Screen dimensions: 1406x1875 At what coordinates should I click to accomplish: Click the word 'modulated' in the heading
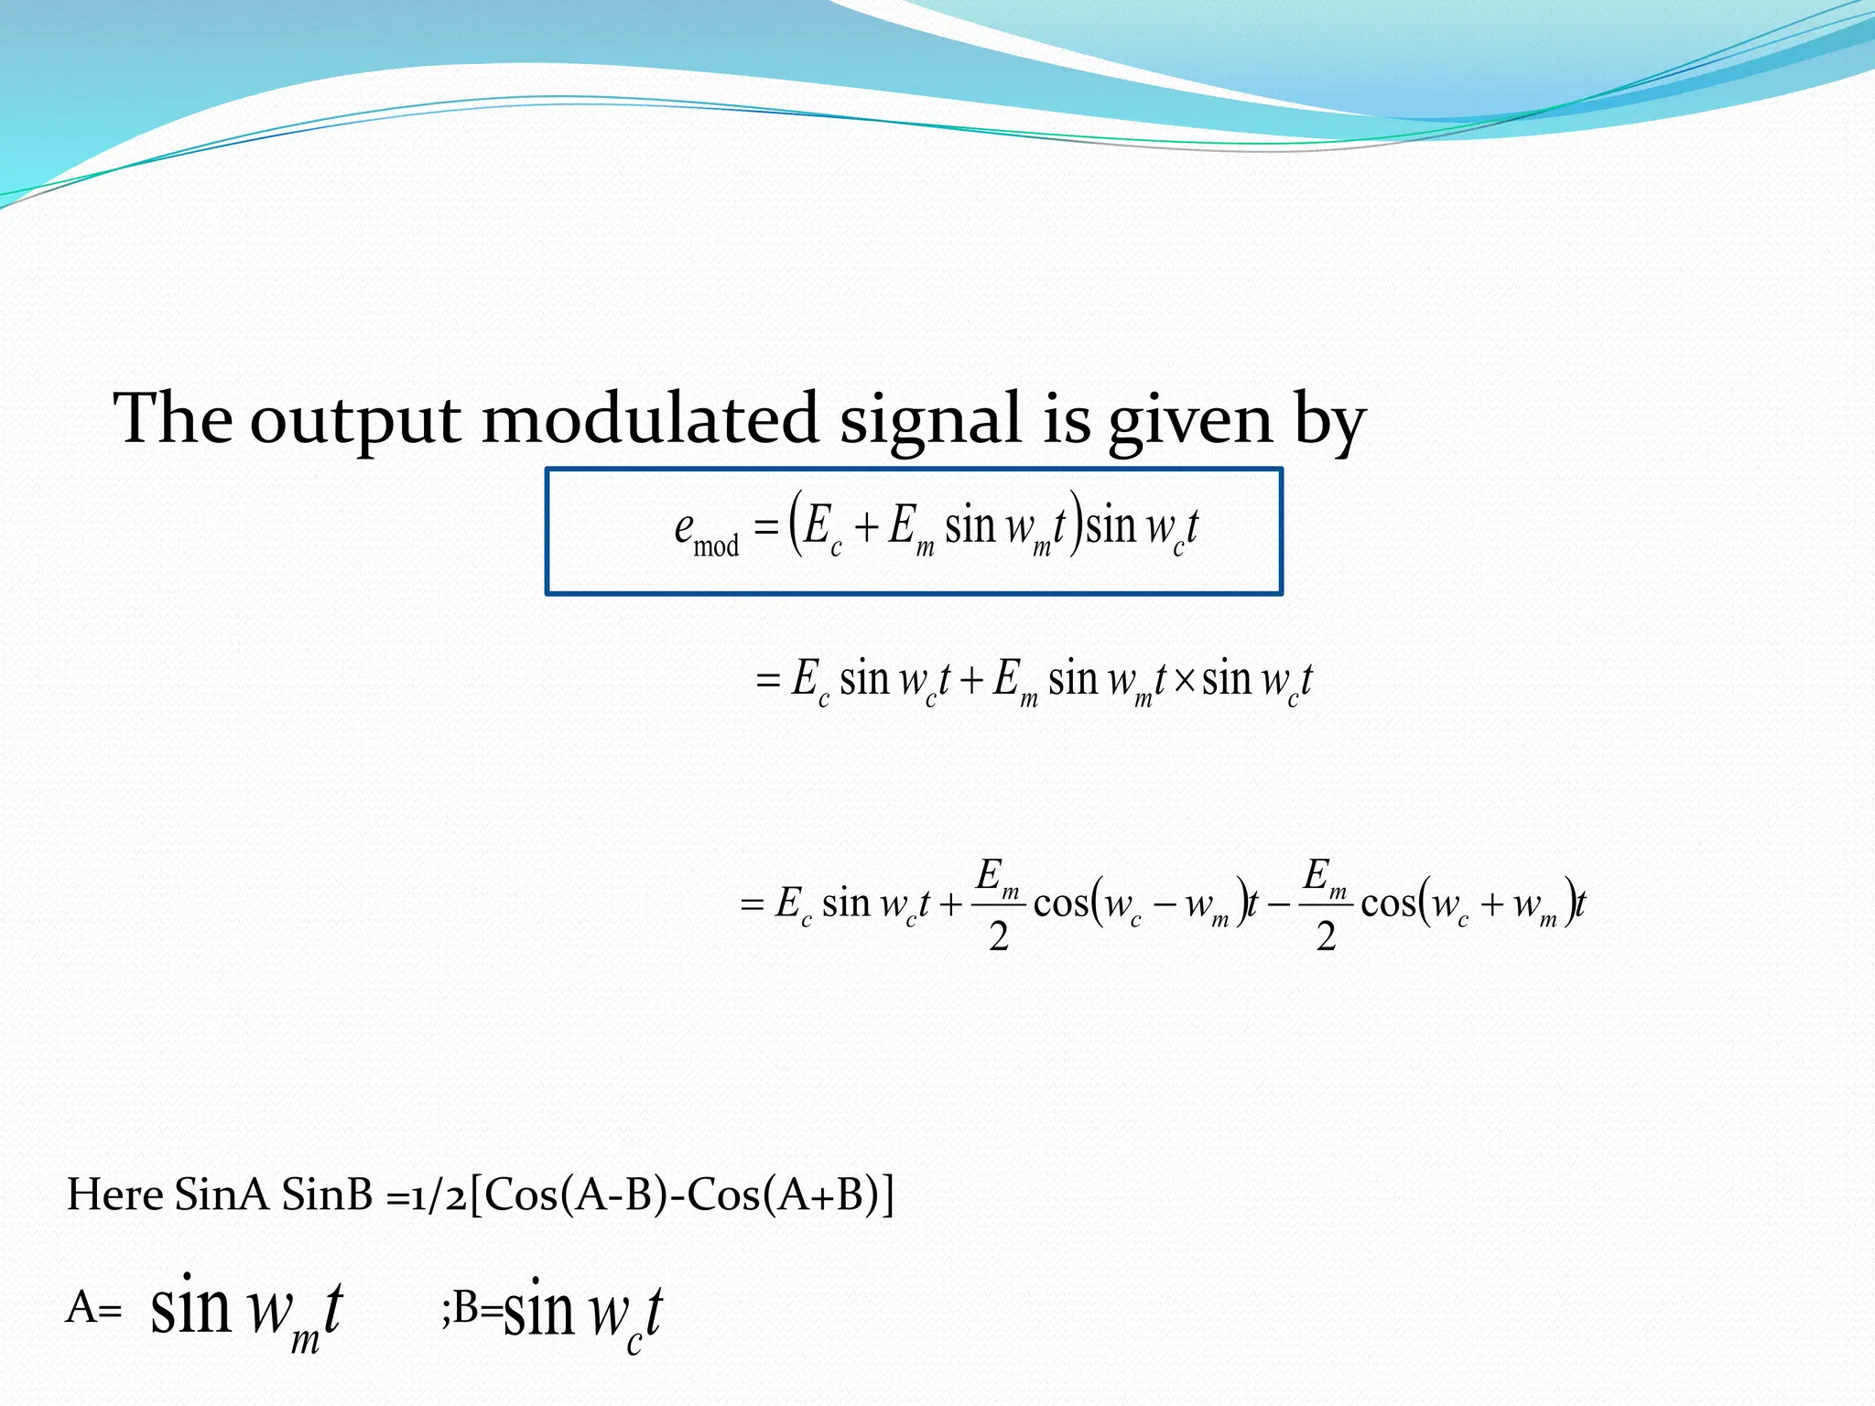click(x=649, y=418)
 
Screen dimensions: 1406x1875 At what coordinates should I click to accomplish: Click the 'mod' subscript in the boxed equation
click(x=716, y=546)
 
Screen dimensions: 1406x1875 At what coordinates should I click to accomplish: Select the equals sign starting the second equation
click(x=767, y=681)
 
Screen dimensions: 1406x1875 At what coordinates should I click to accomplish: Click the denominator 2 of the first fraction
click(x=998, y=936)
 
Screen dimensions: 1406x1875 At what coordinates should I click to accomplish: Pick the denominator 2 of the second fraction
click(x=1326, y=936)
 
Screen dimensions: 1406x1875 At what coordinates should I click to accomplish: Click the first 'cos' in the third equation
click(x=1061, y=904)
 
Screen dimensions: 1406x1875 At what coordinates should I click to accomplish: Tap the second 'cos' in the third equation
click(x=1389, y=904)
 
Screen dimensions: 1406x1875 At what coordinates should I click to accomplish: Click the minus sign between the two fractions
click(x=1279, y=904)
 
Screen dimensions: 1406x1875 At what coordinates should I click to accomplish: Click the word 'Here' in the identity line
click(x=115, y=1195)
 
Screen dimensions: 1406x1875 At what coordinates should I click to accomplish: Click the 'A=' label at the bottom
click(x=93, y=1309)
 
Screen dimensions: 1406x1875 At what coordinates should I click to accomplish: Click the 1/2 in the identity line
click(x=438, y=1196)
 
